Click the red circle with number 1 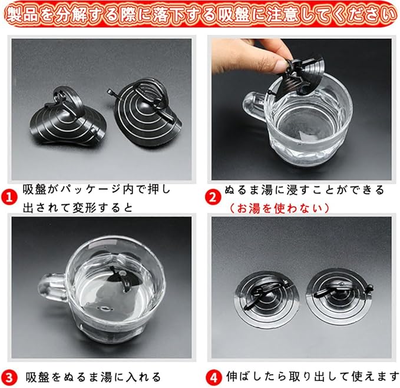9,197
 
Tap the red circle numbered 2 213,197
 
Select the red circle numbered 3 9,377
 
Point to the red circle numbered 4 213,377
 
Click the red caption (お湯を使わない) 279,208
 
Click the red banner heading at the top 200,14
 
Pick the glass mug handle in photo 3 52,288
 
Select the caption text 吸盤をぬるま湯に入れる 93,377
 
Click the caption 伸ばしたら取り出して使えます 312,376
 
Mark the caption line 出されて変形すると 78,208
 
